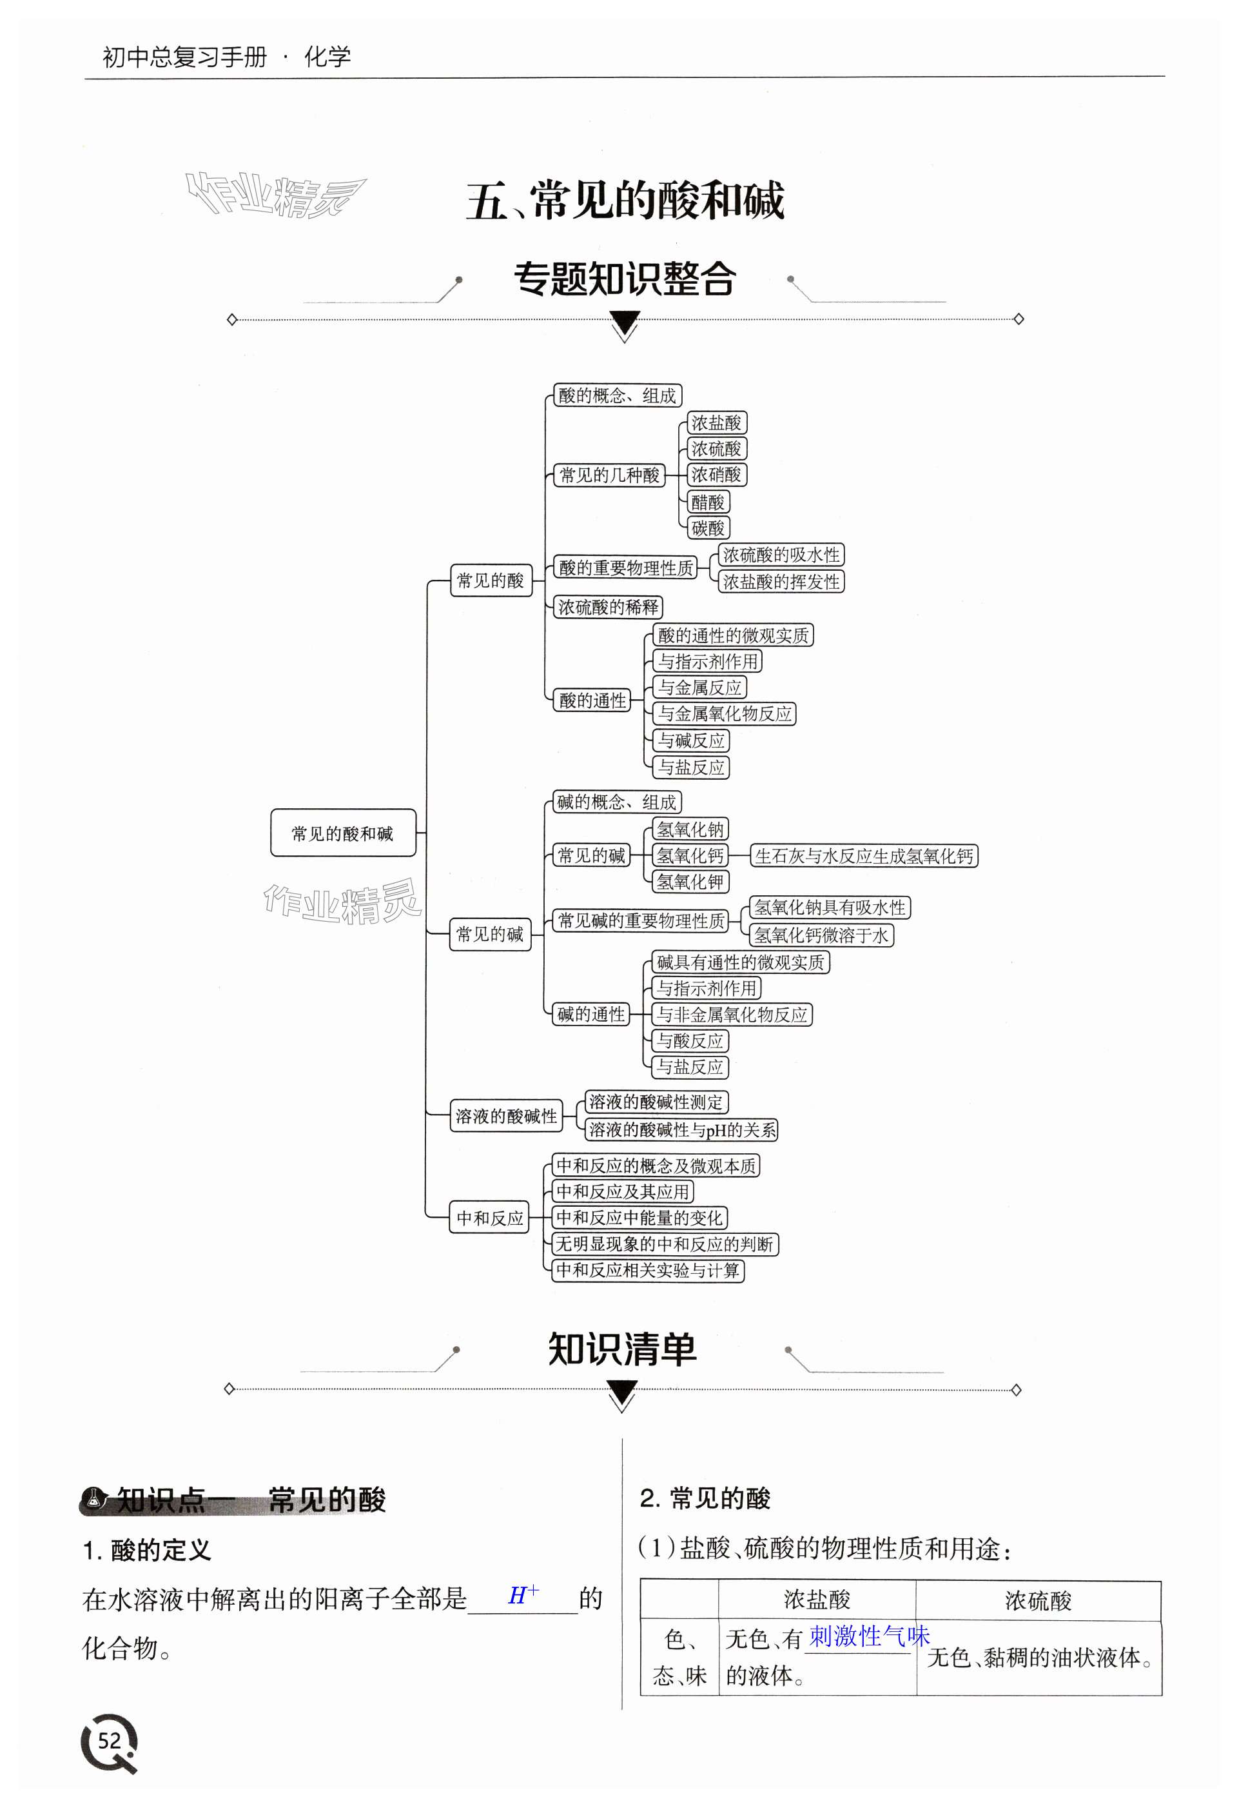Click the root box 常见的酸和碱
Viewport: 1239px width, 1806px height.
coord(342,833)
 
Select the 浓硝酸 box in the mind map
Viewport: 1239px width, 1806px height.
coord(716,474)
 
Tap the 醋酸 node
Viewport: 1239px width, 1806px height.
coord(708,502)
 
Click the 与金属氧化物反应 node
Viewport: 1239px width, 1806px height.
coord(725,713)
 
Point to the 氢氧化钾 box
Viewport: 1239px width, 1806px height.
coord(690,882)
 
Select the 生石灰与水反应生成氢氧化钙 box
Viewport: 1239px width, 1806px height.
coord(863,856)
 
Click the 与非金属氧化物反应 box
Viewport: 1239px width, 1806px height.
coord(732,1014)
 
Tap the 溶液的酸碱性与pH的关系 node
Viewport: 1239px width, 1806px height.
coord(681,1130)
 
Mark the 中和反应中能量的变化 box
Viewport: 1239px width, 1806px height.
coord(639,1218)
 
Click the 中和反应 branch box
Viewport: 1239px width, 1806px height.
coord(489,1218)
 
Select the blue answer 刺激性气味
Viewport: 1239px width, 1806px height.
coord(868,1636)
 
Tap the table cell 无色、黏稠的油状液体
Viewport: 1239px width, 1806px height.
coord(1039,1658)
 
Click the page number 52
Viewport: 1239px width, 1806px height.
coord(110,1740)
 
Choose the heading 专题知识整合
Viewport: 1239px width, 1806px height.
coord(625,279)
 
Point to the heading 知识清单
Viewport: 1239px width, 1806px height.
coord(622,1349)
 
